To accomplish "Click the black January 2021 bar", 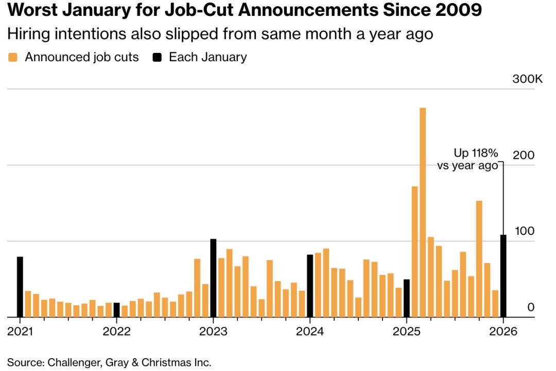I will click(x=20, y=287).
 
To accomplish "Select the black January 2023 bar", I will click(x=213, y=278).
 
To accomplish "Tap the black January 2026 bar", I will click(x=503, y=276).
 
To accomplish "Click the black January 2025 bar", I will click(x=407, y=298).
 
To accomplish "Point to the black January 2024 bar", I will click(x=310, y=286).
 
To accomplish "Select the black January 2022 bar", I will click(x=116, y=310).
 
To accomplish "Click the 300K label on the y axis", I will click(x=527, y=79).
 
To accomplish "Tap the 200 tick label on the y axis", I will click(x=524, y=156).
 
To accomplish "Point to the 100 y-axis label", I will click(x=524, y=232).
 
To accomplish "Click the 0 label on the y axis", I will click(x=531, y=307).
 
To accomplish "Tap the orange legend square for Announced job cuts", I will click(x=14, y=58).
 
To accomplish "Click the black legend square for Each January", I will click(x=159, y=58).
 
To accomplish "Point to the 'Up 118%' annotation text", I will click(x=476, y=153).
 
